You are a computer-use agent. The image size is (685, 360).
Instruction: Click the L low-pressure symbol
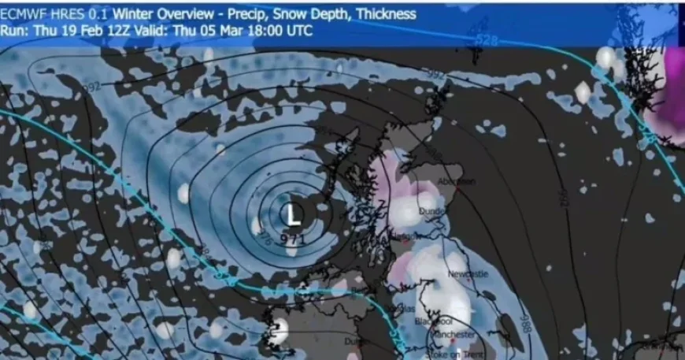(x=293, y=213)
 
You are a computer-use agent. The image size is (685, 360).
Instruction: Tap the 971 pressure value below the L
(x=292, y=238)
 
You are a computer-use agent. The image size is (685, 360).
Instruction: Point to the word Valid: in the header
(x=160, y=31)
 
